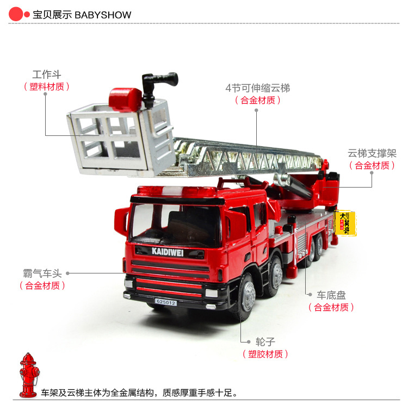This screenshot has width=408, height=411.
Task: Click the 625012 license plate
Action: pos(165,302)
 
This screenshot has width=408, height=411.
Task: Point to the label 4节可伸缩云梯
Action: pos(258,88)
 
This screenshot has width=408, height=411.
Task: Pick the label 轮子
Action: pos(265,342)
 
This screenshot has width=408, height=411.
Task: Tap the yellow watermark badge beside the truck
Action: pos(345,222)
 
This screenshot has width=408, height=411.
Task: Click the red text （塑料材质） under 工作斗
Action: pos(47,86)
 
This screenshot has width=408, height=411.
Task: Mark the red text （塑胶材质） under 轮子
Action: pos(265,354)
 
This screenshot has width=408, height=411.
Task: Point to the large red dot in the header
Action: pos(16,15)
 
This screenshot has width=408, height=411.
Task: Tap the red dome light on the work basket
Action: pos(125,99)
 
